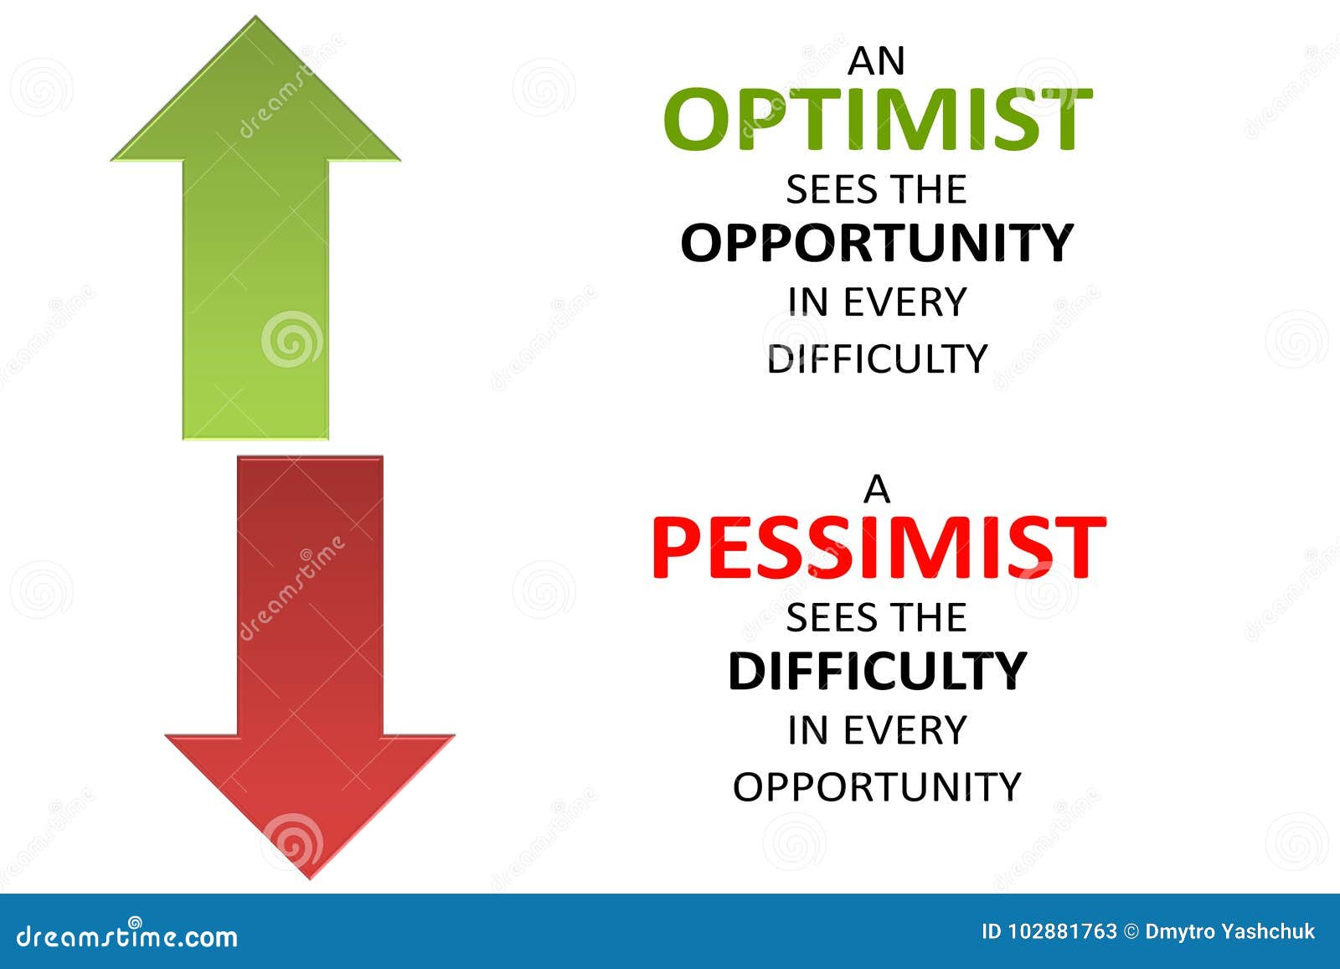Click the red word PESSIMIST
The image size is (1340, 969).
point(878,549)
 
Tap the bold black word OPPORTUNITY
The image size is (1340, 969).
point(877,243)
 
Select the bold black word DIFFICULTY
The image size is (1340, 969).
point(877,671)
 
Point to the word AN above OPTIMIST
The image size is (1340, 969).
point(877,62)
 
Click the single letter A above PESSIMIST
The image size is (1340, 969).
point(877,490)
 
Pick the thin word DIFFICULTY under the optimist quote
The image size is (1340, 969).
point(877,358)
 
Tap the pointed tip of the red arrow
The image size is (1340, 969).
point(310,876)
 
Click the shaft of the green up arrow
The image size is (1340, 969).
point(255,293)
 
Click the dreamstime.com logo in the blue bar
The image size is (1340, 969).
point(127,935)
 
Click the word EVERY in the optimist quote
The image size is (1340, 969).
point(904,302)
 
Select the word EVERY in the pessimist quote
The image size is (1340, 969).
point(904,730)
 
